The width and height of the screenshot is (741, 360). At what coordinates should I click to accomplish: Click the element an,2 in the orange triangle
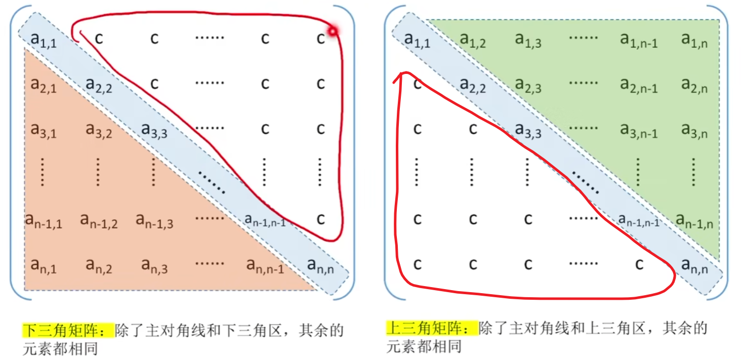(99, 265)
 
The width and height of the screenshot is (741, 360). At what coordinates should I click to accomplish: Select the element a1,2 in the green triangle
(473, 40)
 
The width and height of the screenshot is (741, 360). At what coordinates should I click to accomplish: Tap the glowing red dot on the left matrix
(332, 32)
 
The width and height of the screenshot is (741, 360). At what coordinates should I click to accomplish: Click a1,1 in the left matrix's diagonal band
(43, 41)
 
